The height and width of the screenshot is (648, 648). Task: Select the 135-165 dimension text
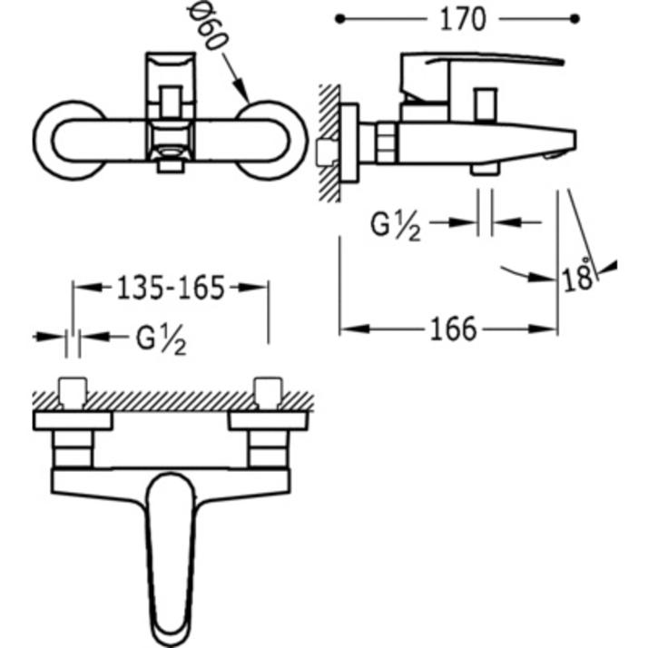coord(172,288)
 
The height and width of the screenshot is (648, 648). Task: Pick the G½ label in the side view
coord(396,224)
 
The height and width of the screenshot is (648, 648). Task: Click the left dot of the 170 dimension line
coord(339,18)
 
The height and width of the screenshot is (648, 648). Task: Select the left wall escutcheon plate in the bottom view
coord(73,420)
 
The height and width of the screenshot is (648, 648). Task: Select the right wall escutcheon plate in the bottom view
coord(270,420)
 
